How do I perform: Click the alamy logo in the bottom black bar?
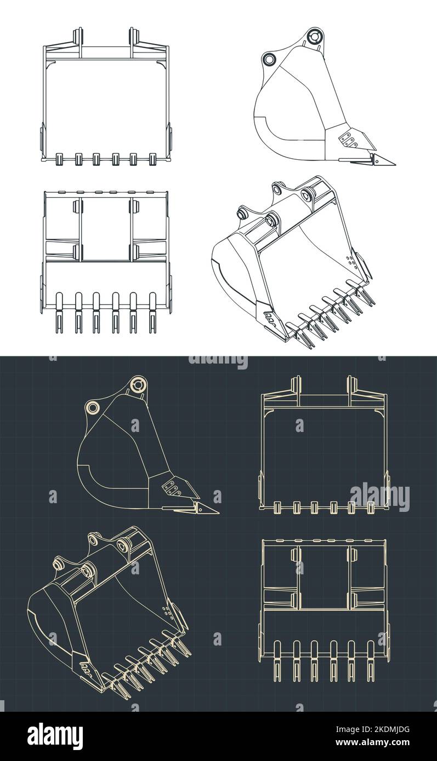pos(55,736)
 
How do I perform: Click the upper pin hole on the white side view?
pos(314,37)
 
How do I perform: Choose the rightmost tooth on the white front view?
pos(152,159)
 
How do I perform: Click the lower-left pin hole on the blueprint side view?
pos(92,407)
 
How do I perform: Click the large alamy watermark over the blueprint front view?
pos(379,497)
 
